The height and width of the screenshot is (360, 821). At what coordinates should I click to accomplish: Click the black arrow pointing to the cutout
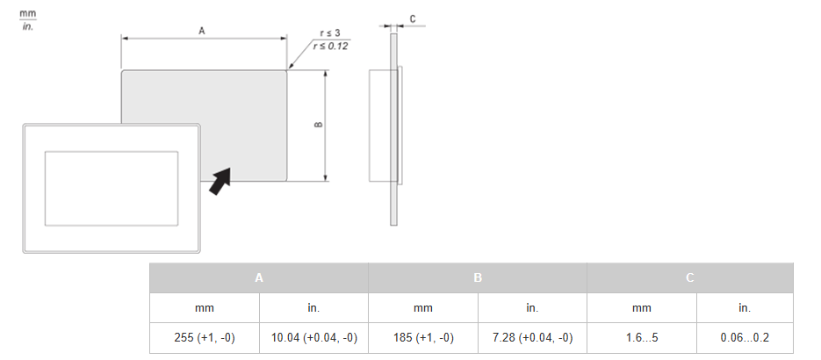(220, 180)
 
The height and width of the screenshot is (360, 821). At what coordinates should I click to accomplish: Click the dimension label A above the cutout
(202, 31)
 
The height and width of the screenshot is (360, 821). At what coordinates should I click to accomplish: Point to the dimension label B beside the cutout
(317, 124)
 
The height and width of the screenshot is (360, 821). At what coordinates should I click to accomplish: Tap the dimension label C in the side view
(413, 18)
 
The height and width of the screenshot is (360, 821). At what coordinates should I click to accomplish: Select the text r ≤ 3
(330, 32)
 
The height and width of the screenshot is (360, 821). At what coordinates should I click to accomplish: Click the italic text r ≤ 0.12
(330, 45)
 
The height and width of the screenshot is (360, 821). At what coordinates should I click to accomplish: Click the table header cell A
(259, 277)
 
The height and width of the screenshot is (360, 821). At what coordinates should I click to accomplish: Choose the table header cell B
(478, 277)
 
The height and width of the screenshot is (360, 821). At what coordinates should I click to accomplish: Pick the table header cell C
(690, 277)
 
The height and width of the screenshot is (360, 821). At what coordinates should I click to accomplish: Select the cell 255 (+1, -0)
(205, 337)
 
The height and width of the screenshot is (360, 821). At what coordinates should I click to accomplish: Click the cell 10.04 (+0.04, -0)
(313, 337)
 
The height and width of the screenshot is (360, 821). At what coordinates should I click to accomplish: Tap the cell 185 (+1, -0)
(423, 337)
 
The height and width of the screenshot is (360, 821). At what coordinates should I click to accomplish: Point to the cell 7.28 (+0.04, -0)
(532, 337)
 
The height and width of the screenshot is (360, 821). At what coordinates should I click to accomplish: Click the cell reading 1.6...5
(642, 337)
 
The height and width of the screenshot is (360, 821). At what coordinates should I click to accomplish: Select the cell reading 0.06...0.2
(745, 337)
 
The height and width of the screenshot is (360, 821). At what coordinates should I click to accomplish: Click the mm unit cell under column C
(642, 308)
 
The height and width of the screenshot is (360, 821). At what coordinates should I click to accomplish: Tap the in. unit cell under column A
(313, 308)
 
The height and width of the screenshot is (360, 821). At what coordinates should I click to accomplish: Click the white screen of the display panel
(111, 187)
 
